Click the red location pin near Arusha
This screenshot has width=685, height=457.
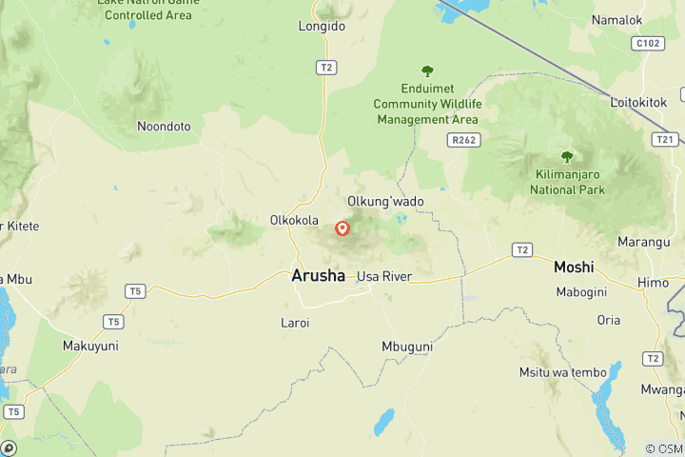(342, 228)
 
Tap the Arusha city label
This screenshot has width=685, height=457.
(318, 276)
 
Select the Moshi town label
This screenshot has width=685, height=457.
(574, 268)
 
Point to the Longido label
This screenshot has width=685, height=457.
(322, 27)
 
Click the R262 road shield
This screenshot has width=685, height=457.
(463, 140)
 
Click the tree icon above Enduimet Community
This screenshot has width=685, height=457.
(427, 71)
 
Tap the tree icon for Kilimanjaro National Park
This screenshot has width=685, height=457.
(567, 157)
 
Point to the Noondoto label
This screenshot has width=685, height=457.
(164, 126)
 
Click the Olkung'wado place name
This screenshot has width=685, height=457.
(385, 201)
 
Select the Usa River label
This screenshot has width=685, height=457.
(382, 277)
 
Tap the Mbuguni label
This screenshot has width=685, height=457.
(407, 347)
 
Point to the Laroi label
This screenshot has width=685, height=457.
(295, 323)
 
